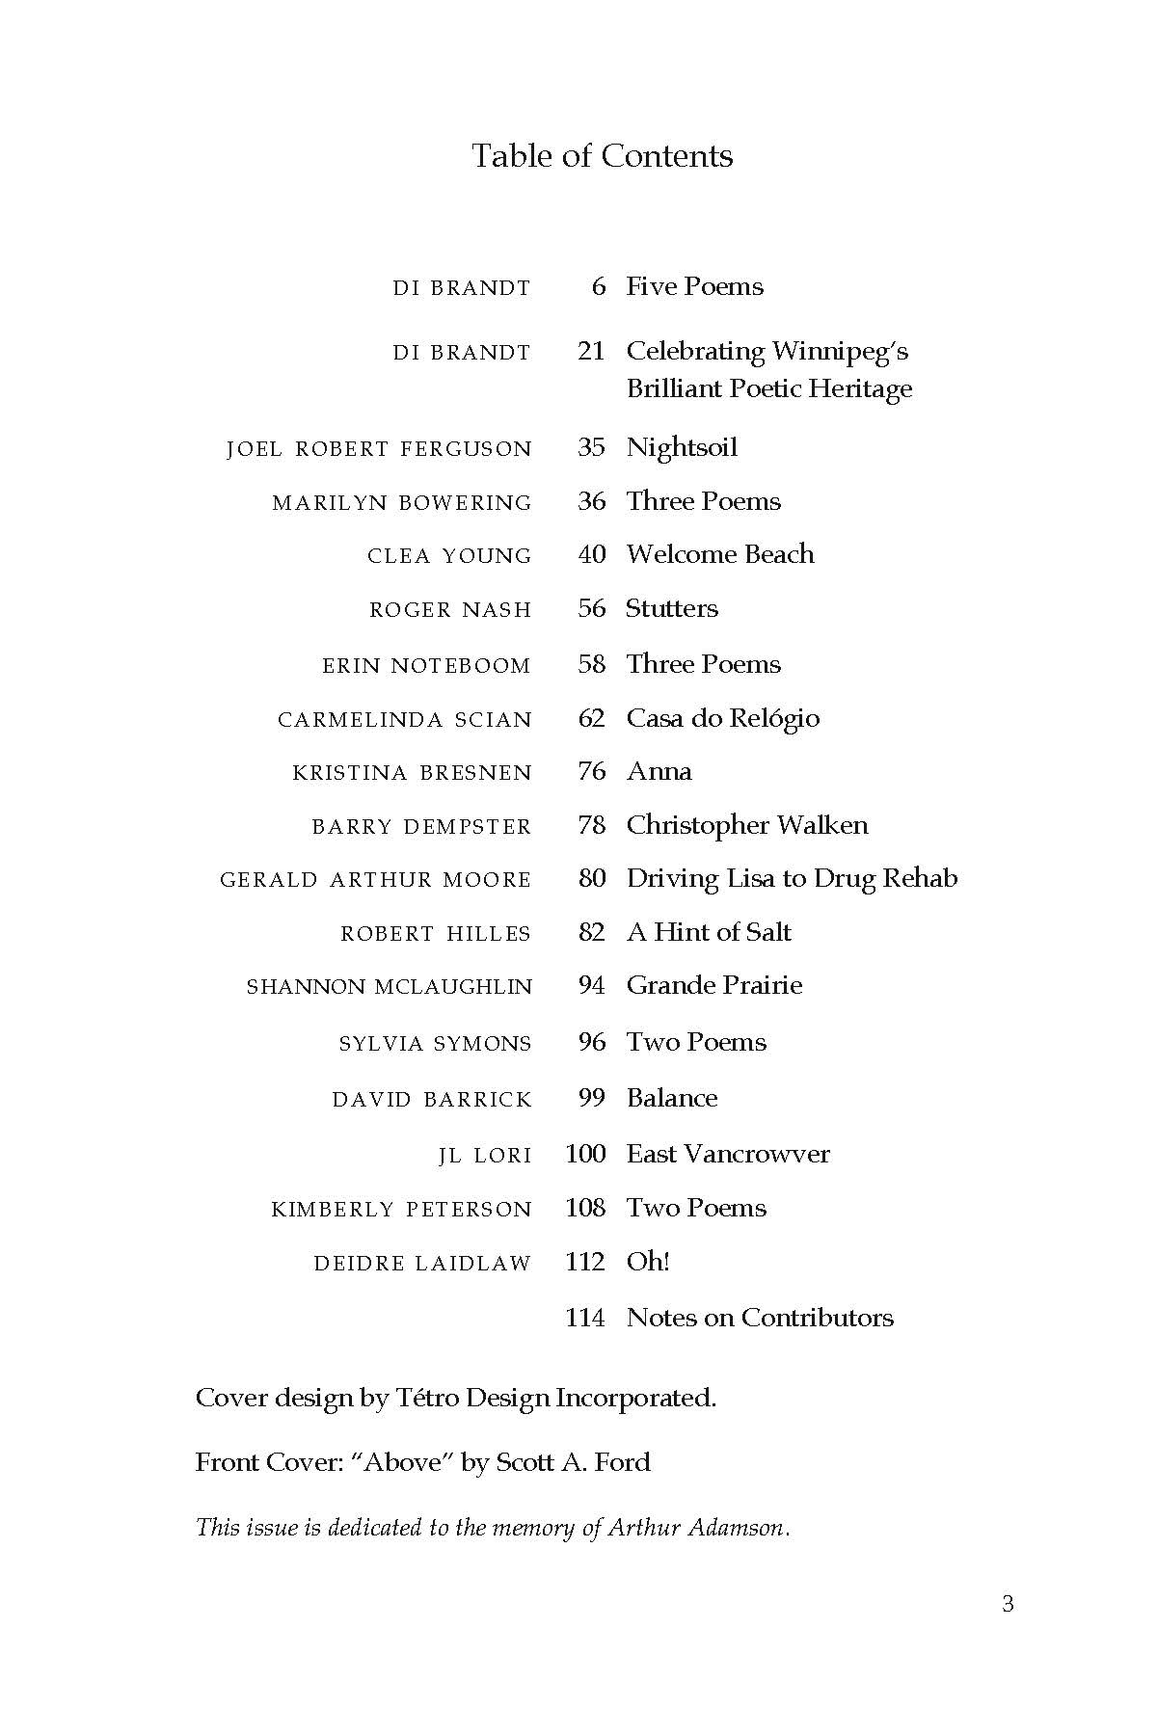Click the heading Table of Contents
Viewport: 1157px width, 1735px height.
pyautogui.click(x=602, y=156)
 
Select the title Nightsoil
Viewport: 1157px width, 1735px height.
pyautogui.click(x=682, y=447)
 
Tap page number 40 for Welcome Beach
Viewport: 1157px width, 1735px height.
pyautogui.click(x=592, y=554)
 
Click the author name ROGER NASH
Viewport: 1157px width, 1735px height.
pyautogui.click(x=450, y=610)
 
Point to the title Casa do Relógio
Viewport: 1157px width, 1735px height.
pyautogui.click(x=722, y=719)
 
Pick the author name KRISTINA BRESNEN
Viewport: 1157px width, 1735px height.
pyautogui.click(x=412, y=773)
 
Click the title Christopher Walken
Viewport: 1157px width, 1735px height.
pyautogui.click(x=747, y=825)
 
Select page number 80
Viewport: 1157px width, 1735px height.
pyautogui.click(x=592, y=878)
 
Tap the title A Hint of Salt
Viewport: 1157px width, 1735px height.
pyautogui.click(x=709, y=932)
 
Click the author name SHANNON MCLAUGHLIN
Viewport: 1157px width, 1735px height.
pyautogui.click(x=390, y=987)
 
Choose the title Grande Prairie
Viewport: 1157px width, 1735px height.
pyautogui.click(x=714, y=985)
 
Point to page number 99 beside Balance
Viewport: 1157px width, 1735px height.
pyautogui.click(x=592, y=1098)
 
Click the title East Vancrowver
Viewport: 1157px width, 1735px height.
pyautogui.click(x=728, y=1154)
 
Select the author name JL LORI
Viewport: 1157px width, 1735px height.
pyautogui.click(x=485, y=1156)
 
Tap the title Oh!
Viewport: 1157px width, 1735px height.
pyautogui.click(x=648, y=1262)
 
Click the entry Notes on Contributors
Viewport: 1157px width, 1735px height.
pyautogui.click(x=760, y=1318)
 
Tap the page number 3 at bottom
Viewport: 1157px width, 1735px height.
pyautogui.click(x=1008, y=1604)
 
